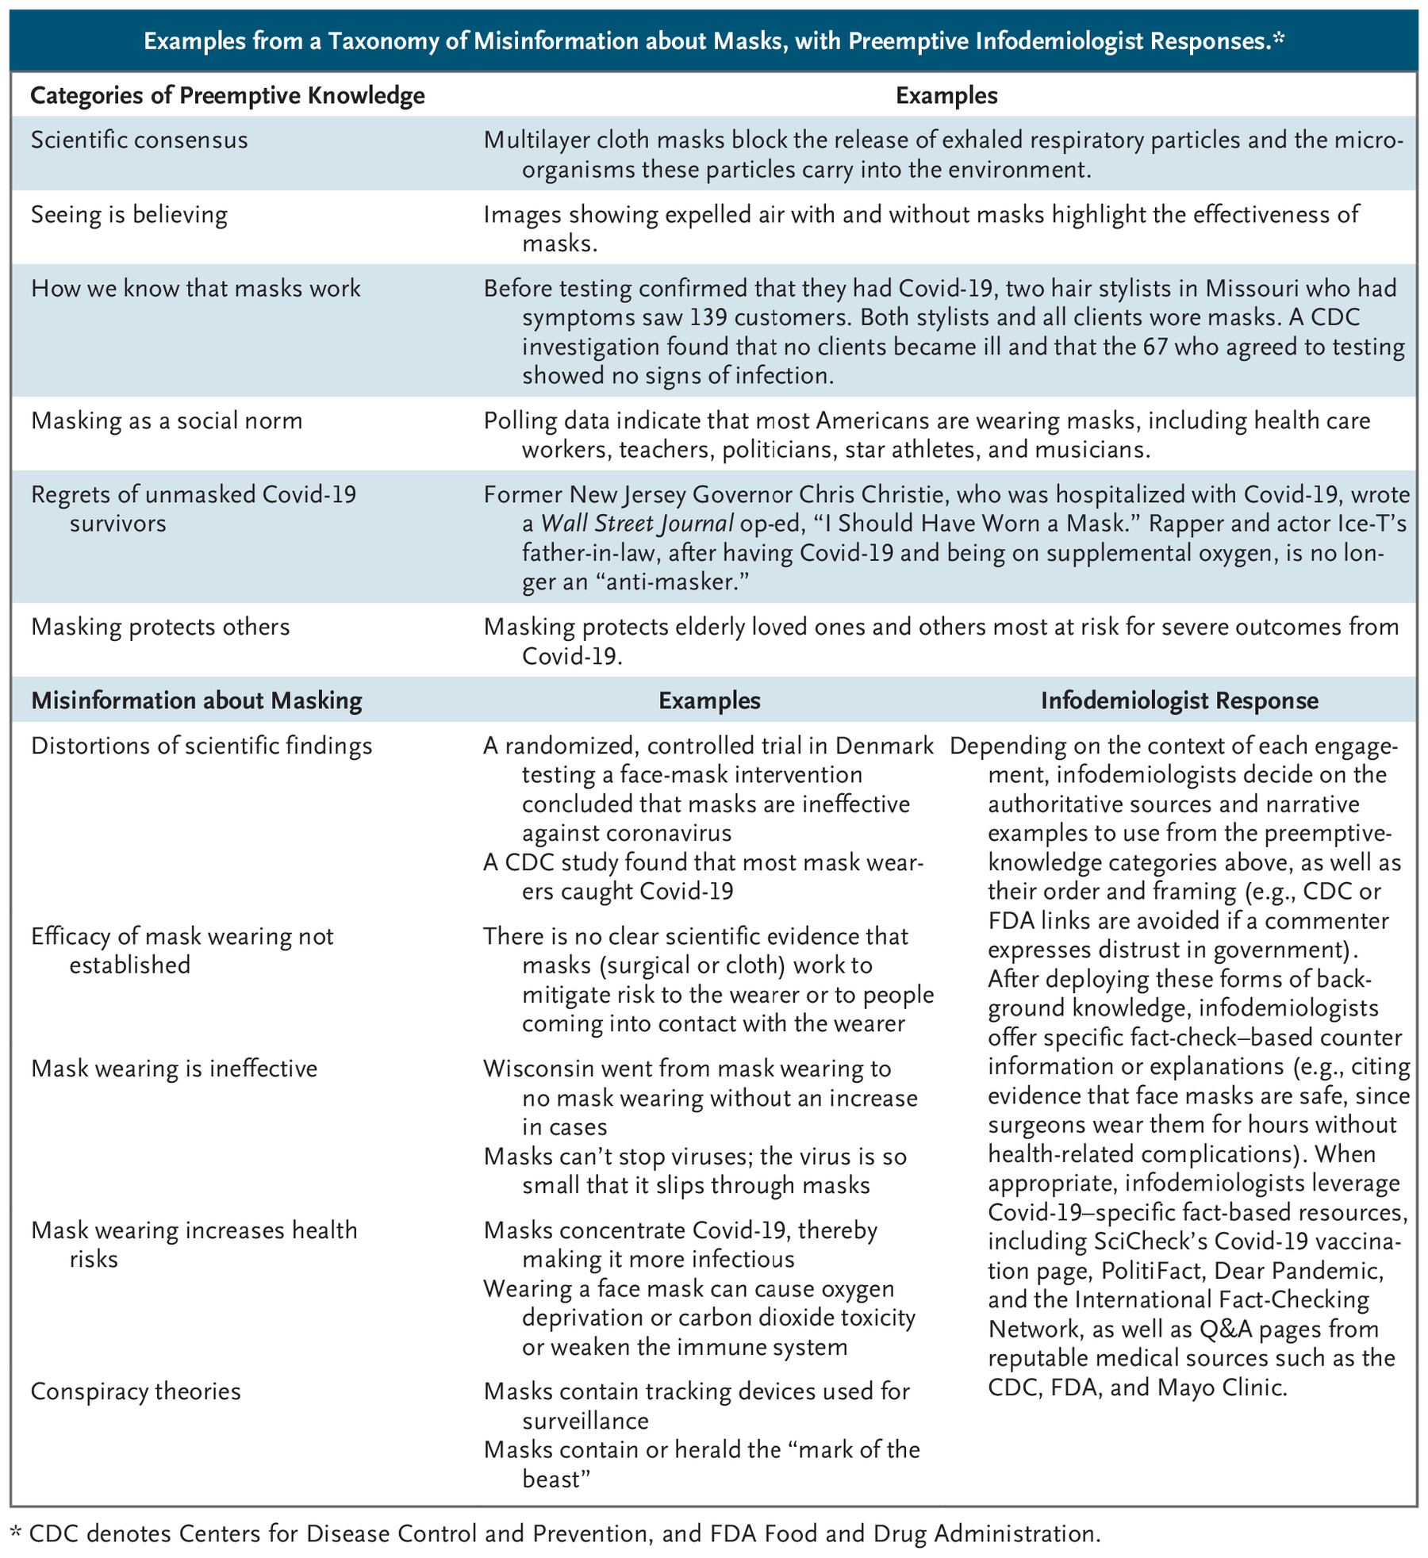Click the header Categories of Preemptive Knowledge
point(228,96)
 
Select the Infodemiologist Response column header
point(1180,700)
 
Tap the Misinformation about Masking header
point(196,700)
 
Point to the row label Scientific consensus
point(139,140)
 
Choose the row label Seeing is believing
point(129,215)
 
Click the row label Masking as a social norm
point(167,420)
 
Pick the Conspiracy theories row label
point(136,1391)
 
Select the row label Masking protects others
point(160,627)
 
